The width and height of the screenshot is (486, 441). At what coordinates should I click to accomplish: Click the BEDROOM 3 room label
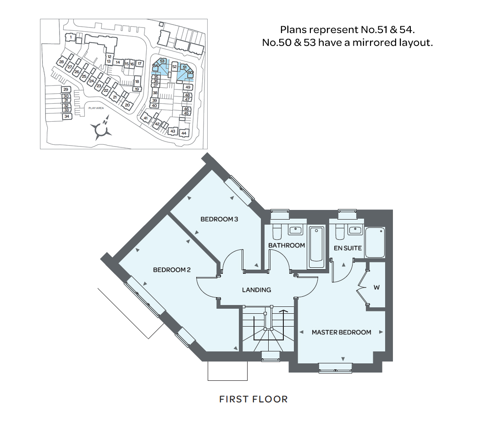pos(219,219)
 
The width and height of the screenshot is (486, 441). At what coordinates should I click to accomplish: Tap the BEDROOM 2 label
pos(171,270)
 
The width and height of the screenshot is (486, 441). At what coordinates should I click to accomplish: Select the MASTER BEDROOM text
pos(341,332)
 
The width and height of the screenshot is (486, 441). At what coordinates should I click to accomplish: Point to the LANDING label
pos(256,290)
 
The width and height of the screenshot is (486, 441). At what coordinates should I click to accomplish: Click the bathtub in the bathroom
pos(316,247)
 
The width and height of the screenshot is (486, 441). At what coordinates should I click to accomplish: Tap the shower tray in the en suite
pos(376,242)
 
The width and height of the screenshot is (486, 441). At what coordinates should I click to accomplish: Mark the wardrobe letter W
pos(376,288)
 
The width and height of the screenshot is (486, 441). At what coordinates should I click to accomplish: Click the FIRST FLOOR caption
pos(253,399)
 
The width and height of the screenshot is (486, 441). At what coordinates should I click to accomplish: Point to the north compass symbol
pos(102,130)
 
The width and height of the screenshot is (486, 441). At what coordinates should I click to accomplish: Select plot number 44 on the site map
pos(184,133)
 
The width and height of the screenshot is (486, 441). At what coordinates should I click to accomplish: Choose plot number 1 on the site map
pos(71,37)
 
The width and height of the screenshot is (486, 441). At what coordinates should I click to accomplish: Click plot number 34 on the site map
pos(67,116)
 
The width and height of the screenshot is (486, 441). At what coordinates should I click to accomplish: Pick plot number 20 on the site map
pos(127,105)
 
